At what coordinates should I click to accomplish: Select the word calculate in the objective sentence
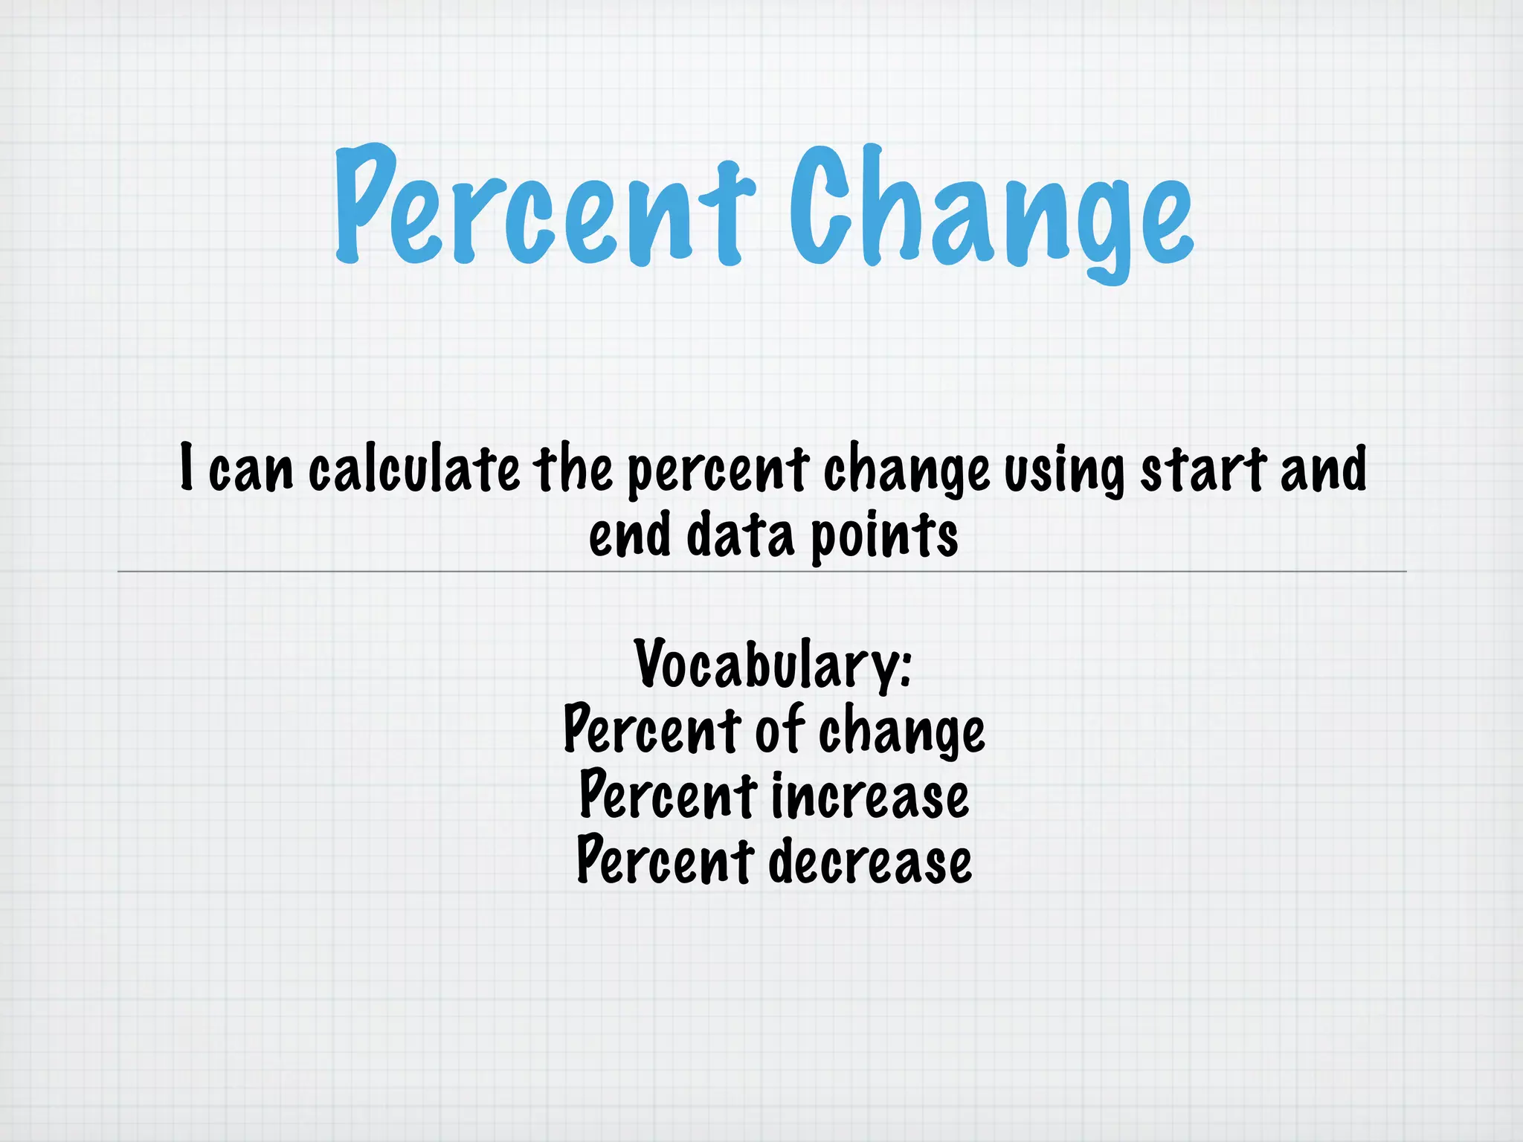(414, 470)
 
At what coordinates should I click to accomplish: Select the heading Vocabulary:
(773, 664)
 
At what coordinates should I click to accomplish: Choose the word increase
(870, 796)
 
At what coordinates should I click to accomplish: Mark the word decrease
(869, 861)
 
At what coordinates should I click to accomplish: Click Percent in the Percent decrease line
(666, 861)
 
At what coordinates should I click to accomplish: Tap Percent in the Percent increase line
(668, 796)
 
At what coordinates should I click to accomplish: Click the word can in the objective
(251, 470)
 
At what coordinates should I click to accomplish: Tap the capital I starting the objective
(187, 467)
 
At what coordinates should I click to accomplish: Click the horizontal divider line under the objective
(761, 572)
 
